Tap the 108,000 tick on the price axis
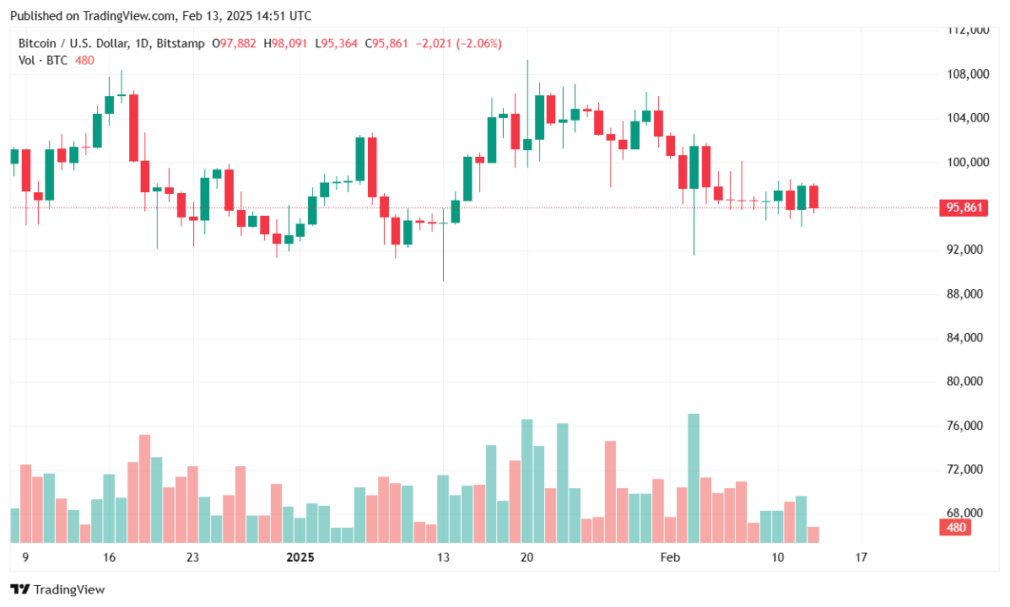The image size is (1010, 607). [965, 74]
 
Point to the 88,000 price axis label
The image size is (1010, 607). [965, 293]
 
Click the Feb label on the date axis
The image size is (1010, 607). [670, 557]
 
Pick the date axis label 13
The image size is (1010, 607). [444, 557]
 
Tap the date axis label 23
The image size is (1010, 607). [192, 557]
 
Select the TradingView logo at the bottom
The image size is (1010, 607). [57, 589]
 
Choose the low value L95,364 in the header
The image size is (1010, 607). [338, 42]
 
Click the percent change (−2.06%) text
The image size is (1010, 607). [478, 42]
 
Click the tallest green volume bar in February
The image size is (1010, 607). [694, 477]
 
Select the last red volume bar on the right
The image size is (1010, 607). [813, 534]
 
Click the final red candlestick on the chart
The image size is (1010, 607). [813, 197]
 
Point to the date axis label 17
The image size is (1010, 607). [861, 557]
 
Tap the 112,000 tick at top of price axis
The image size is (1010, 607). [965, 30]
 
